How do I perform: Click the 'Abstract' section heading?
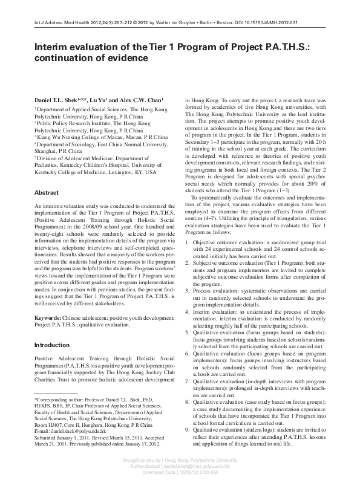(x=46, y=192)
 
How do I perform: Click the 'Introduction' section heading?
(x=51, y=345)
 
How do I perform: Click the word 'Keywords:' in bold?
(x=47, y=317)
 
